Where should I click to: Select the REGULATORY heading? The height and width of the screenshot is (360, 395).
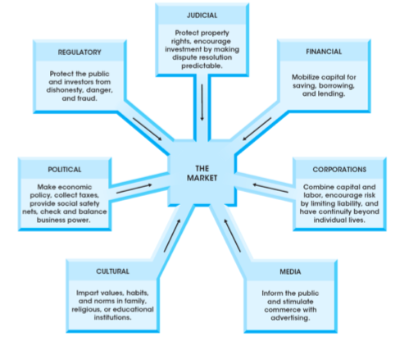coord(79,52)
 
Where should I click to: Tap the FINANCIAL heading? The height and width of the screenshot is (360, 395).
coord(324,51)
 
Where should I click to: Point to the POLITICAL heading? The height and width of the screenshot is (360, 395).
coord(65,169)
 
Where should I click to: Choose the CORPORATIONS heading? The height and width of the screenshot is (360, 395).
coord(338,169)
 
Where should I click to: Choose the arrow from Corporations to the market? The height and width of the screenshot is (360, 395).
coord(270,188)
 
